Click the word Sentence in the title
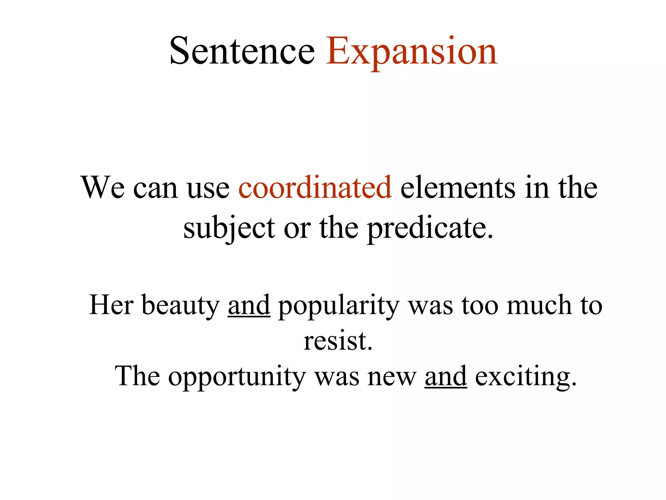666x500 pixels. pyautogui.click(x=242, y=51)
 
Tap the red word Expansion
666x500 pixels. pyautogui.click(x=411, y=51)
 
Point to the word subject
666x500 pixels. pyautogui.click(x=229, y=228)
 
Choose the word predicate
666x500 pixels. pyautogui.click(x=430, y=228)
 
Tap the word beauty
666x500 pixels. pyautogui.click(x=181, y=305)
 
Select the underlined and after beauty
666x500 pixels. pyautogui.click(x=249, y=305)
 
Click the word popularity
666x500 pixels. pyautogui.click(x=339, y=305)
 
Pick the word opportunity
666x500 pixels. pyautogui.click(x=237, y=376)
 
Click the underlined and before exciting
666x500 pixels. pyautogui.click(x=446, y=376)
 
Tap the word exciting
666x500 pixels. pyautogui.click(x=526, y=376)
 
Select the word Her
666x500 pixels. pyautogui.click(x=111, y=305)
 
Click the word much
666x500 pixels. pyautogui.click(x=539, y=305)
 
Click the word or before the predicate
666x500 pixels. pyautogui.click(x=297, y=228)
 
